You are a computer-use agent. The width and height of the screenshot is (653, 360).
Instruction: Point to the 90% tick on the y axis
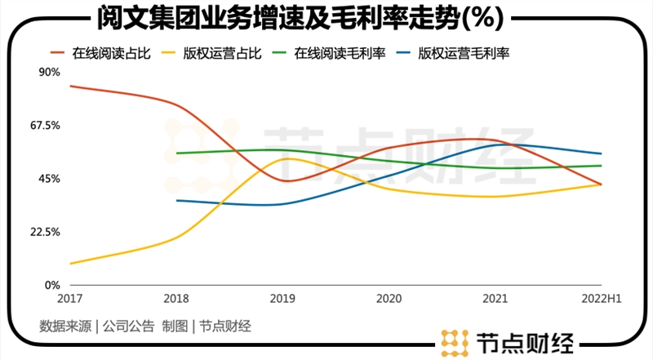pos(50,72)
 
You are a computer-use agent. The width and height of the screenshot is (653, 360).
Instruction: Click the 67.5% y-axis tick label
pos(46,126)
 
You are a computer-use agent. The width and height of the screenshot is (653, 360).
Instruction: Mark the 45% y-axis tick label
pos(50,179)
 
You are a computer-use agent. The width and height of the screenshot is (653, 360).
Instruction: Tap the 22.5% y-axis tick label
pos(46,232)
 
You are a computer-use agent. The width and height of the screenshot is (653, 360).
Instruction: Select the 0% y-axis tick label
pos(53,285)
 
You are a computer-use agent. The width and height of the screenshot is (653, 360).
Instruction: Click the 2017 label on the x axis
pos(69,300)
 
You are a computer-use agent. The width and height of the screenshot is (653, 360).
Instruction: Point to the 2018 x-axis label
pos(176,300)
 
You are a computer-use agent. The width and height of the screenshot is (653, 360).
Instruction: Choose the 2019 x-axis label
pos(283,300)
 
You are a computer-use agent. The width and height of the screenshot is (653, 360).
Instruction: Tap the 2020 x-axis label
pos(389,300)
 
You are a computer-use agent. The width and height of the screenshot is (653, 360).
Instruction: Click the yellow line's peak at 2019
pos(286,158)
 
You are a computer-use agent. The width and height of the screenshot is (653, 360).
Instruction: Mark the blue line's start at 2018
pos(177,200)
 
